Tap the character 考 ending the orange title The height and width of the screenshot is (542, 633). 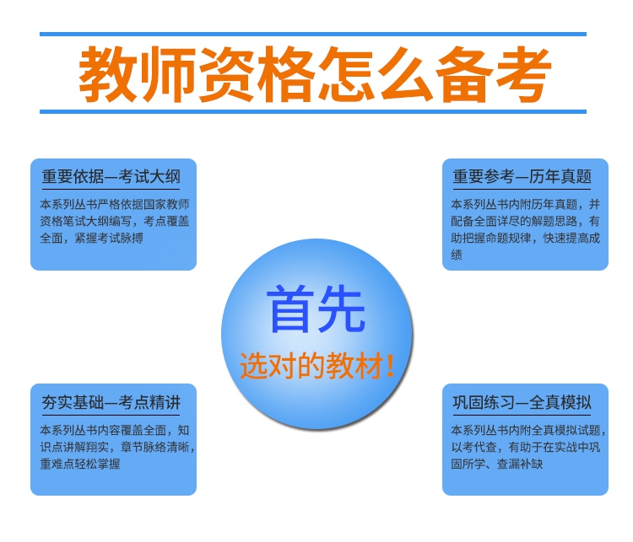coord(522,74)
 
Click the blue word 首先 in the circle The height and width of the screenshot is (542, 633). coord(316,309)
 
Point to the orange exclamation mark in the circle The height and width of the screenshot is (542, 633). coord(390,366)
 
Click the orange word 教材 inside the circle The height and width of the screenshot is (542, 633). coord(354,366)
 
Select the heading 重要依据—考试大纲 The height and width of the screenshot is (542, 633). coord(111,177)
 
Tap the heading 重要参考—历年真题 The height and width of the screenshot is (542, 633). coord(522,177)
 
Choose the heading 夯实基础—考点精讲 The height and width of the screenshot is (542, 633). coord(111,402)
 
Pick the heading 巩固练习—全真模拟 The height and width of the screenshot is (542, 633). coord(522,402)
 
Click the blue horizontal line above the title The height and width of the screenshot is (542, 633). coord(313,35)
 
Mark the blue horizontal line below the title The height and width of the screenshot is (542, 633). coord(313,112)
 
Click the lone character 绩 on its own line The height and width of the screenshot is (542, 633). coord(457,255)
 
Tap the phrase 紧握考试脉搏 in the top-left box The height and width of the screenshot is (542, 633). coord(109,238)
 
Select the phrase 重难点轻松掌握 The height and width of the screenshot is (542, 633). coord(80,464)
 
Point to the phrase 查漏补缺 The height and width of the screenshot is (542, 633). coord(520,464)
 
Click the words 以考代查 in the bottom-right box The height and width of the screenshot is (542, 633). coord(474,447)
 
